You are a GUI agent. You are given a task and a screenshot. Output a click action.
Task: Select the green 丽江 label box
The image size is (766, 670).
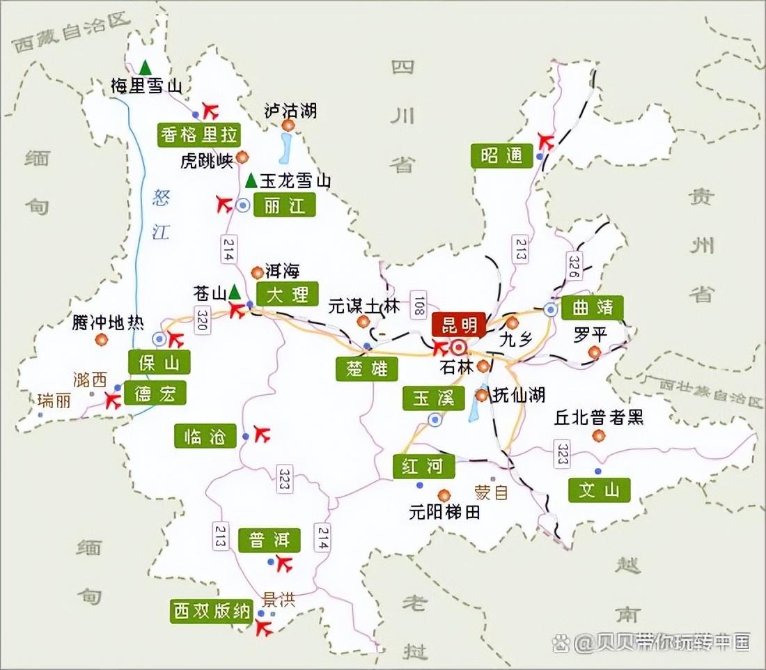pyautogui.click(x=285, y=205)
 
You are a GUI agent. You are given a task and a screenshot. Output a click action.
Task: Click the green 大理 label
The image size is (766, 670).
pyautogui.click(x=287, y=293)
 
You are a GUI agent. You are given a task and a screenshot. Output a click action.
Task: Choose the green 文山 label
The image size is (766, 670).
pyautogui.click(x=599, y=490)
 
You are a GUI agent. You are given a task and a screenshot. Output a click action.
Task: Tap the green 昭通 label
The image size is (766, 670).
pyautogui.click(x=501, y=156)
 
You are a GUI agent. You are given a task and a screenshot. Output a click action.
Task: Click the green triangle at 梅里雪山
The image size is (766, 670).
pyautogui.click(x=145, y=68)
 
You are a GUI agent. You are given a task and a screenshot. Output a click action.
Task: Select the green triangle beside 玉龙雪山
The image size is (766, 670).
pyautogui.click(x=251, y=181)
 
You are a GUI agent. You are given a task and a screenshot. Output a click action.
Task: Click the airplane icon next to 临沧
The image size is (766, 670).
pyautogui.click(x=262, y=435)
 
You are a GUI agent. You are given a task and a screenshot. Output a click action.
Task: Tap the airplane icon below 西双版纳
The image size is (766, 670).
pyautogui.click(x=263, y=628)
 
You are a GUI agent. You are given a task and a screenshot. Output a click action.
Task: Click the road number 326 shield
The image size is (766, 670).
pyautogui.click(x=574, y=265)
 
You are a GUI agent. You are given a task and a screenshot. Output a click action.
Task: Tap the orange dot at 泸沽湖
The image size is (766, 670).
pyautogui.click(x=288, y=125)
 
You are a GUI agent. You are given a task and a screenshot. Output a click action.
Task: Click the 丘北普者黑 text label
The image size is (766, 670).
pyautogui.click(x=599, y=417)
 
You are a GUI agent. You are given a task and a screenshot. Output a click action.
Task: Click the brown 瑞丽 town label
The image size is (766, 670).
pyautogui.click(x=54, y=400)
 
